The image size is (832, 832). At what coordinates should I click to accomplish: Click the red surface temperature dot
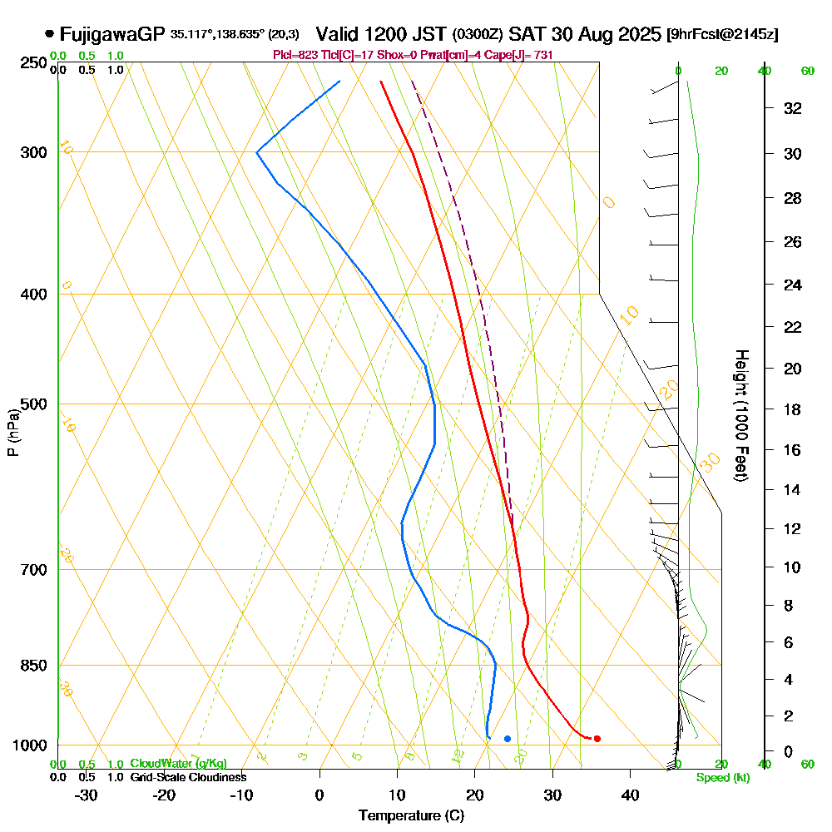(x=597, y=739)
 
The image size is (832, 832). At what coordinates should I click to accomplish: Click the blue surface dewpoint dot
(x=508, y=739)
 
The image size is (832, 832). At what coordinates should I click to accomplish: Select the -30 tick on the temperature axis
(x=87, y=795)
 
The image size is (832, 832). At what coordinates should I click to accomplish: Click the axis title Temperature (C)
(x=411, y=816)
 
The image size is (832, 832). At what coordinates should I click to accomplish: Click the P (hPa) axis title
(x=12, y=433)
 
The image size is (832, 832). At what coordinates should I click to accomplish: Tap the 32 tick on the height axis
(x=793, y=108)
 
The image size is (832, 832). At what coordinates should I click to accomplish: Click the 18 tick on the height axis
(x=793, y=409)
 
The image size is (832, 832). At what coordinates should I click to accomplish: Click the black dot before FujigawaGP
(x=50, y=34)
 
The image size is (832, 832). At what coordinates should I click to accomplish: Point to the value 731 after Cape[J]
(x=542, y=55)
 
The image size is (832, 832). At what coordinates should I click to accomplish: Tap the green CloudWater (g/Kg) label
(x=178, y=763)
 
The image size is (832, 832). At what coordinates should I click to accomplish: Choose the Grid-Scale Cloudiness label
(x=188, y=777)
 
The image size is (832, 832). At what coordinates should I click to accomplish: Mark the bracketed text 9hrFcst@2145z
(x=722, y=35)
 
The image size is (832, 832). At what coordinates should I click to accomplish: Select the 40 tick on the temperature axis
(x=630, y=795)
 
